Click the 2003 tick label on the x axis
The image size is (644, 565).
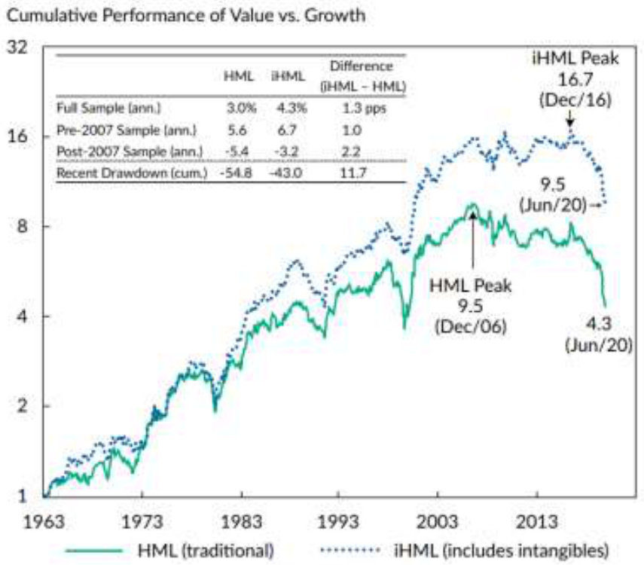click(x=436, y=521)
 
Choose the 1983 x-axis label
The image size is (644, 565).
click(x=241, y=521)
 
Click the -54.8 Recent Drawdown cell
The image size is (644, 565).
click(x=236, y=173)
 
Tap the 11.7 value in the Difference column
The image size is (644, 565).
click(x=352, y=173)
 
